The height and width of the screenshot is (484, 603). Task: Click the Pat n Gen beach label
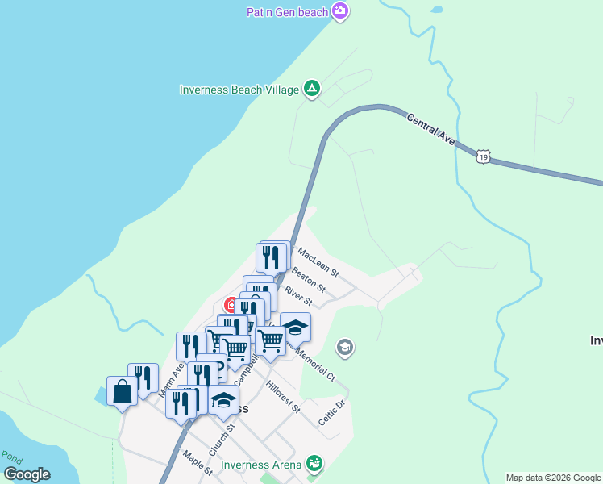click(288, 11)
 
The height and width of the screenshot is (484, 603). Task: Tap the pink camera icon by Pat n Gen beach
click(341, 10)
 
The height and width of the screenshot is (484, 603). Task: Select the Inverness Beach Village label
click(239, 90)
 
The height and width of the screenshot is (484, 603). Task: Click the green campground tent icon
click(311, 89)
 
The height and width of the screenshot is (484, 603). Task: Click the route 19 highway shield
click(482, 156)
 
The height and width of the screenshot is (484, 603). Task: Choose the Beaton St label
click(308, 280)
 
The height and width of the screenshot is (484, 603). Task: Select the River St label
click(298, 296)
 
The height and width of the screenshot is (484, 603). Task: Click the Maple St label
click(197, 463)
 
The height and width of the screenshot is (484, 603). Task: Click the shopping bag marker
click(122, 391)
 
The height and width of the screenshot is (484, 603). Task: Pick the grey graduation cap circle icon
click(345, 348)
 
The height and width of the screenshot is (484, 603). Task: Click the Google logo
click(27, 474)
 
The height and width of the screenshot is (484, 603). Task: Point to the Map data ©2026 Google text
click(554, 478)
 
